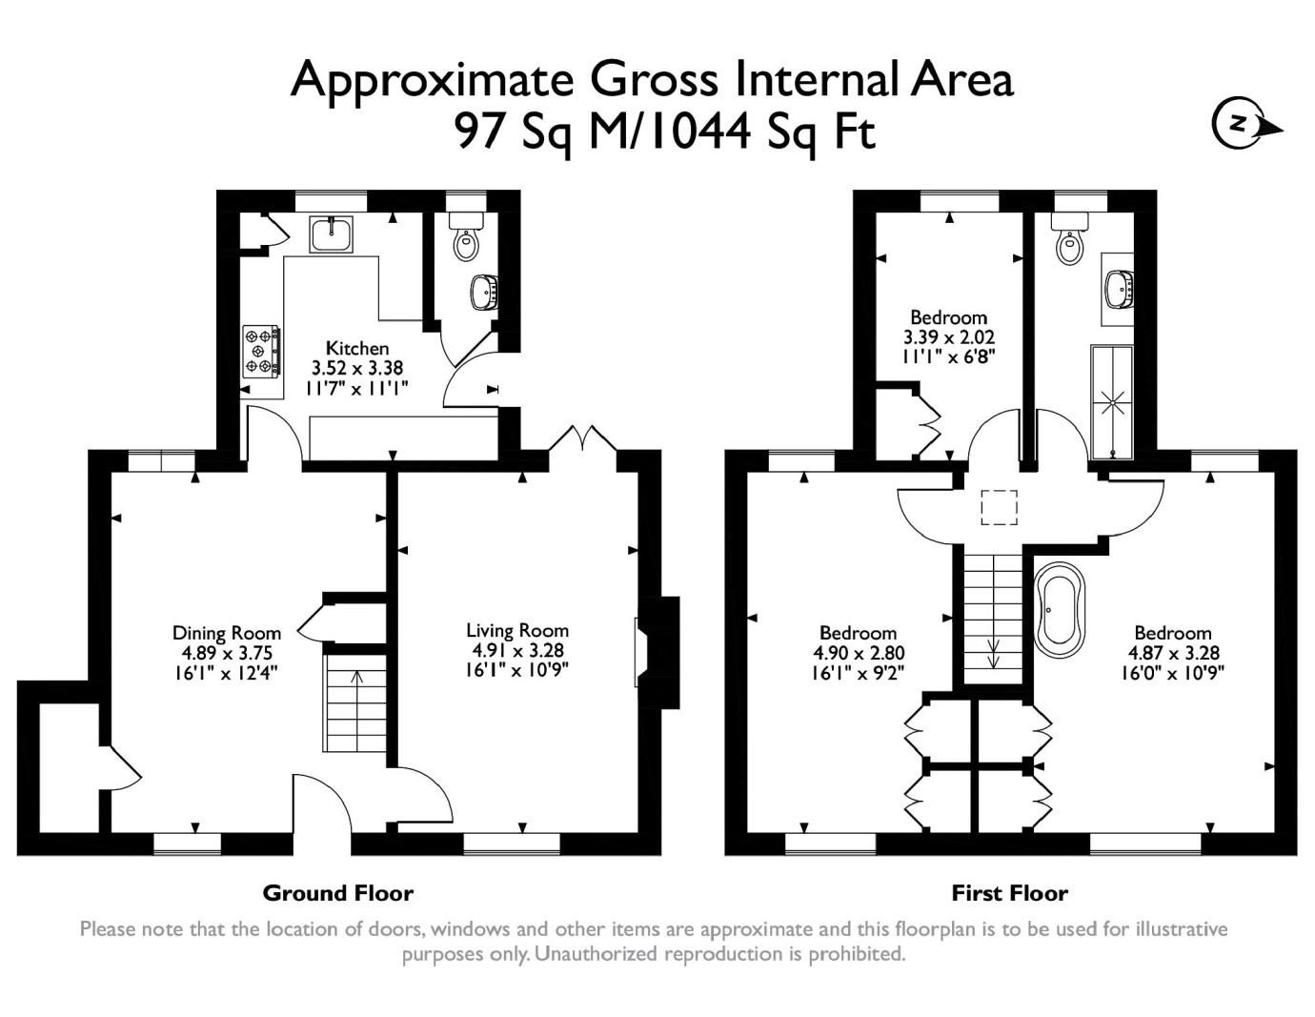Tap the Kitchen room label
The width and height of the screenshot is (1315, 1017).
(x=357, y=348)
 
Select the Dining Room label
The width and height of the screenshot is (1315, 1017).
(x=227, y=633)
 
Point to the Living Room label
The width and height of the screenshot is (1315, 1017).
(x=517, y=630)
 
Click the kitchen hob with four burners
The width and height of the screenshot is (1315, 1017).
(x=261, y=350)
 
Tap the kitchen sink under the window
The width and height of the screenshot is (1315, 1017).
(x=331, y=233)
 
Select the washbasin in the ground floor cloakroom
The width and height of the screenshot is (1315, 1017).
(x=484, y=292)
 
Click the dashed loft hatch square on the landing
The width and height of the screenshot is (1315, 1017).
(x=1000, y=507)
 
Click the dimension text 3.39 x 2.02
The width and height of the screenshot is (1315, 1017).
(x=948, y=337)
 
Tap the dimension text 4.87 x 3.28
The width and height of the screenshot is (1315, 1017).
(x=1172, y=653)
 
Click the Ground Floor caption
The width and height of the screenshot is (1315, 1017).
(x=337, y=893)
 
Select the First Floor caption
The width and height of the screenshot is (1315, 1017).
(x=1009, y=893)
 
